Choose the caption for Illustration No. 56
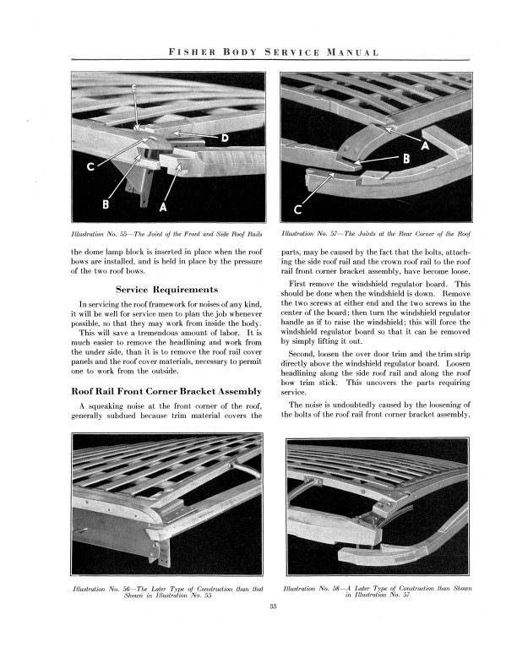click(x=158, y=590)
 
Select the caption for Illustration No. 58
click(x=377, y=590)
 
